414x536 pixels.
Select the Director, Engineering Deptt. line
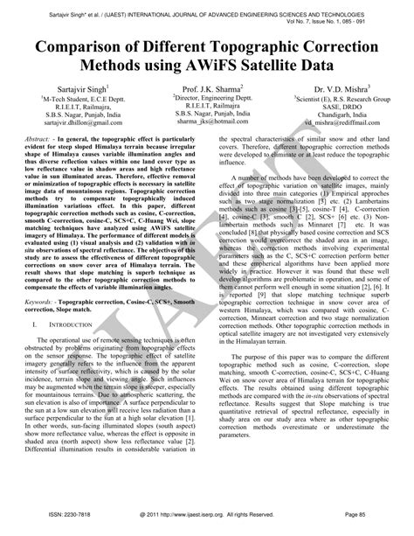point(208,100)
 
